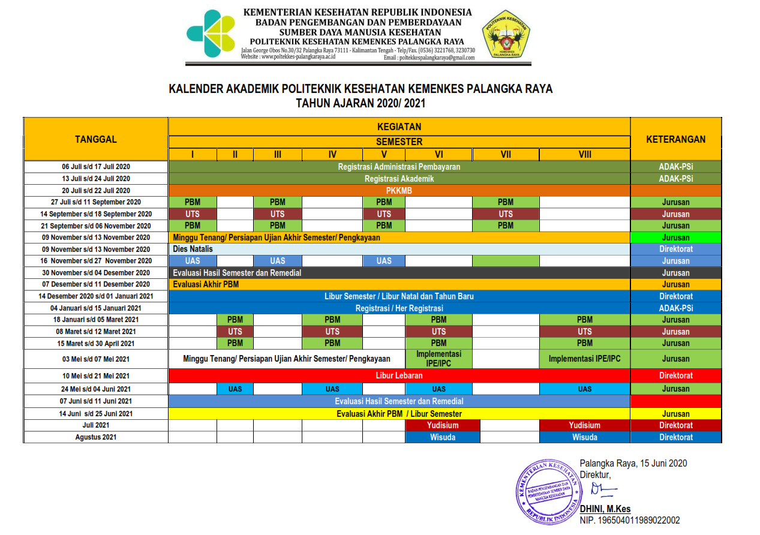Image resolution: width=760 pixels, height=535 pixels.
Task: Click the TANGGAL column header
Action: [96, 139]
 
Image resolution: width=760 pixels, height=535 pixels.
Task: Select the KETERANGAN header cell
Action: [675, 139]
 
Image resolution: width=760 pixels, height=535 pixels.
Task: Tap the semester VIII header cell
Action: [585, 154]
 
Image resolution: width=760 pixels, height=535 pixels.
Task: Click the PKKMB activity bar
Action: [399, 190]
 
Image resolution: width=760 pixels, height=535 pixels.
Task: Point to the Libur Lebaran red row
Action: [399, 375]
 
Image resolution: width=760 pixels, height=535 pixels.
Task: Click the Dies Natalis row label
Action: [193, 249]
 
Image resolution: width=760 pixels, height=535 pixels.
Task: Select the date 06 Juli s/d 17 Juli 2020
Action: [96, 167]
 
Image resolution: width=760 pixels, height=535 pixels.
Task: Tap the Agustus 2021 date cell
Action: [96, 437]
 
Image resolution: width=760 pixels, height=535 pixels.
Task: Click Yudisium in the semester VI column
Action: [438, 425]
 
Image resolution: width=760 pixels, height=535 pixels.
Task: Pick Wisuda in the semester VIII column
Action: [585, 437]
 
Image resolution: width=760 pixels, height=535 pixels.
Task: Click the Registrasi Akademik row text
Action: [399, 178]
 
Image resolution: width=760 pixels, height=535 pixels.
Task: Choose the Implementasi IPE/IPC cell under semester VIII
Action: [585, 359]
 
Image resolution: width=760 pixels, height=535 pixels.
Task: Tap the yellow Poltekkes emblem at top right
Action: [506, 35]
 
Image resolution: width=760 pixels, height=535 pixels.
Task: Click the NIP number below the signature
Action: [630, 521]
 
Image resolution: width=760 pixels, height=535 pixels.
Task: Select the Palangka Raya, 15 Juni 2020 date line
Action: [633, 463]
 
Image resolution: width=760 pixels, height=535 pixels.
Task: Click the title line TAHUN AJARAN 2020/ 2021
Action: [361, 103]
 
